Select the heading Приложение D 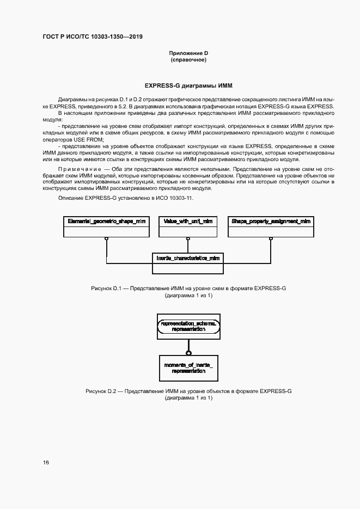pos(188,53)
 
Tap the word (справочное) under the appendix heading pos(188,60)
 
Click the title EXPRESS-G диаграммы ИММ pos(188,85)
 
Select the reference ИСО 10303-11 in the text pos(174,198)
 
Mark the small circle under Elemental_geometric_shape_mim pos(107,239)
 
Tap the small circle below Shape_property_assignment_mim pos(271,239)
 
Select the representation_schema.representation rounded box pos(188,326)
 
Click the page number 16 pos(46,462)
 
